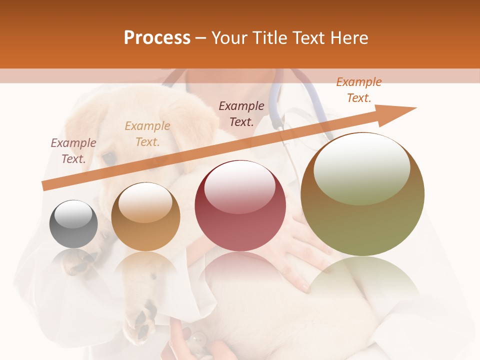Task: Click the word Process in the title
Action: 157,38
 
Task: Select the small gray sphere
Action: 73,224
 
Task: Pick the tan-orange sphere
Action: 145,217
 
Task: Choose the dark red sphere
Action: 240,205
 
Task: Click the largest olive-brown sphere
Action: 362,194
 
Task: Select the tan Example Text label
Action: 147,134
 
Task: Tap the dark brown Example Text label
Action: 241,114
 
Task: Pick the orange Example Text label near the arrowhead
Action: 358,90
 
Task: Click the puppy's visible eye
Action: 108,158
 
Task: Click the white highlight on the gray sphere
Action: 73,214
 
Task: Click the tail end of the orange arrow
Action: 45,186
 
